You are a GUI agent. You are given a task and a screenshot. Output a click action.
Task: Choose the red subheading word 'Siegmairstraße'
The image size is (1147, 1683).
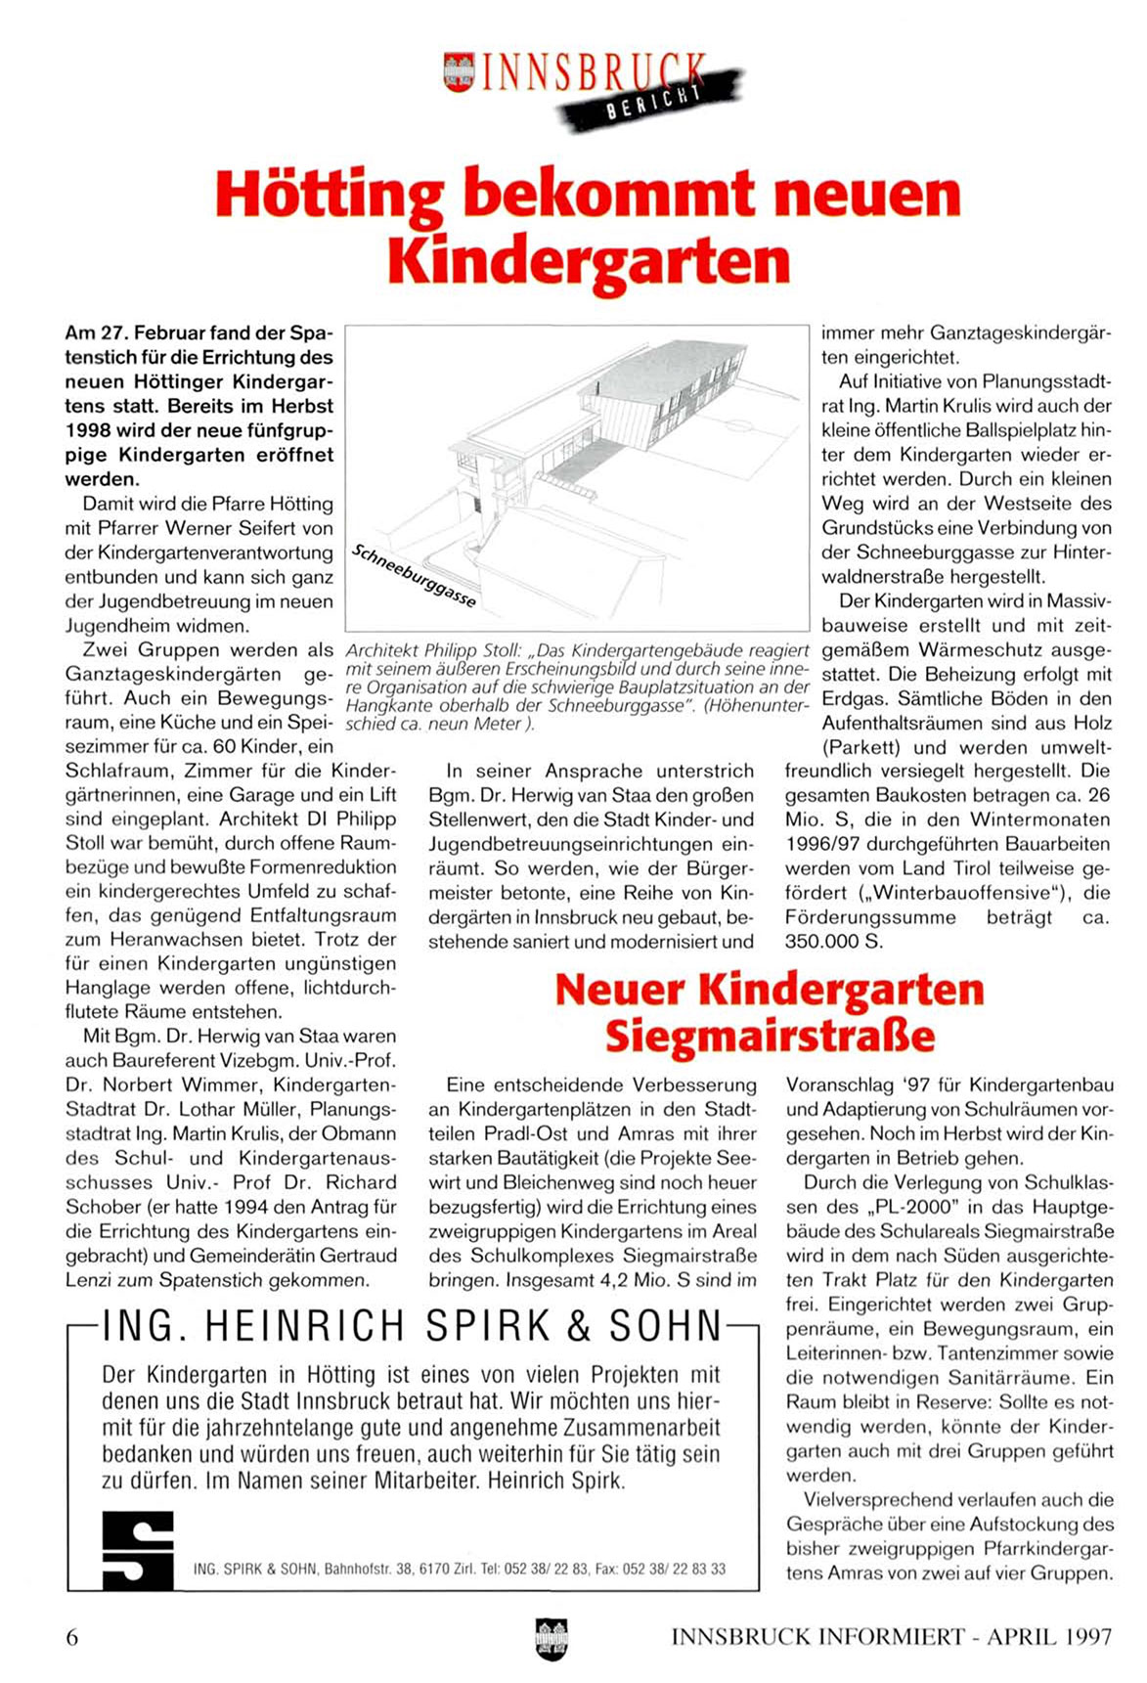[x=771, y=1036]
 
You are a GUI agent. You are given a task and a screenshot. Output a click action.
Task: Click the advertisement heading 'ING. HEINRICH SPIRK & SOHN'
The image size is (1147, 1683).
[x=412, y=1326]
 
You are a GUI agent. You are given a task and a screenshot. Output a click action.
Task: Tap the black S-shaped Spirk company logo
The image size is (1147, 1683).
[x=138, y=1550]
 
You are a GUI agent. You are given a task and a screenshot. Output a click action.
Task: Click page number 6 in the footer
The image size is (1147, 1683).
[x=71, y=1637]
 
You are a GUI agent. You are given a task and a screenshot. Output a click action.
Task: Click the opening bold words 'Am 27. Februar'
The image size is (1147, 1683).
[x=133, y=333]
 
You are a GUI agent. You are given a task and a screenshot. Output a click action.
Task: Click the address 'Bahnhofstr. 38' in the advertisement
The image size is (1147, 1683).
[x=369, y=1569]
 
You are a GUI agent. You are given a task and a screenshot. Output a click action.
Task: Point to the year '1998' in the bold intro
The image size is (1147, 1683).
[x=92, y=430]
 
